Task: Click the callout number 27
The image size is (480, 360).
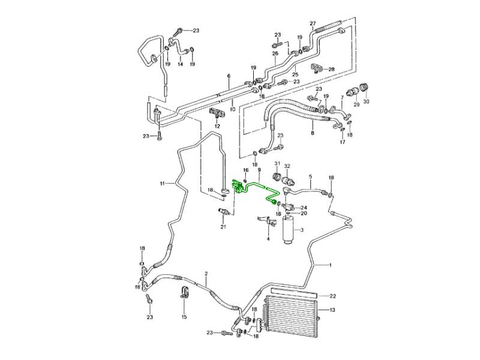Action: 313,23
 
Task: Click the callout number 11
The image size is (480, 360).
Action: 161,183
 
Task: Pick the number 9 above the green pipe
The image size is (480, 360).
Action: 259,170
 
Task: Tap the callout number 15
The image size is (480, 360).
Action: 184,317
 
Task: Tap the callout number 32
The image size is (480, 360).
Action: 287,166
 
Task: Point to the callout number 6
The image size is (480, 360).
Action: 229,76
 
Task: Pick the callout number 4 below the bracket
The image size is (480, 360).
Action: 268,239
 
